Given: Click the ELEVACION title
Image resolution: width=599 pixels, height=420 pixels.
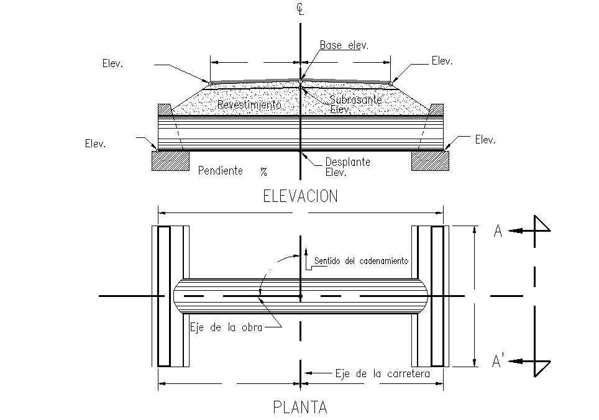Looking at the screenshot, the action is (300, 196).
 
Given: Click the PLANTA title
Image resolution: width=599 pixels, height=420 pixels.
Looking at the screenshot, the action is (300, 407).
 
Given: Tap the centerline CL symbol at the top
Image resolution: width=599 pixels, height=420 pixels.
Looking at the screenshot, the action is (300, 9).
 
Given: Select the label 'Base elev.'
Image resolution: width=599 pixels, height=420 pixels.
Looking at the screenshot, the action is (344, 45).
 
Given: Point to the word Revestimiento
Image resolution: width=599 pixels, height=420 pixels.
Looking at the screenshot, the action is (249, 104).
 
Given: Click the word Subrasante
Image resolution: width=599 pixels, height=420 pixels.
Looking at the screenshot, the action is (355, 100).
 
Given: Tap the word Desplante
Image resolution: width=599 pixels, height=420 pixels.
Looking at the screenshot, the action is (347, 162).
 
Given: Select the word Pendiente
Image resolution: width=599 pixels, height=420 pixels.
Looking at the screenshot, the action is (221, 170).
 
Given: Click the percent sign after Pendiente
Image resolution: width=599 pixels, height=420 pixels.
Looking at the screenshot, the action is (263, 172).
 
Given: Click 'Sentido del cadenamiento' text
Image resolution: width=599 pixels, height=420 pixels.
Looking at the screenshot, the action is (361, 261).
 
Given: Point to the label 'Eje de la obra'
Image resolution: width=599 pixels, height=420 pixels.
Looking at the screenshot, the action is (226, 327).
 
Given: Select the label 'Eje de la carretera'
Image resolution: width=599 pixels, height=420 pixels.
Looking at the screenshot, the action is (382, 373).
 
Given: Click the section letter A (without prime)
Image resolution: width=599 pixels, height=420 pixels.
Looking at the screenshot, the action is (498, 231).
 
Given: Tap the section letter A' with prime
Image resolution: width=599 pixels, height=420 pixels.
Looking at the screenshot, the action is (498, 361).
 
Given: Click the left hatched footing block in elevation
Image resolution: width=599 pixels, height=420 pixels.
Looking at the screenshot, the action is (170, 161).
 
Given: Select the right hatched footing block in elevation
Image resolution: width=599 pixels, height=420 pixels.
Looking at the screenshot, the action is (430, 161).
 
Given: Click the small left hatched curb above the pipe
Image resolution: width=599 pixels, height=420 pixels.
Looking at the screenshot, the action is (165, 109).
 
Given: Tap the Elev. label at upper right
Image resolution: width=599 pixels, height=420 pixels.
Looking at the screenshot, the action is (442, 61).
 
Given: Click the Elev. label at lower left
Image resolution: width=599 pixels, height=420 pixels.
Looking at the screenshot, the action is (96, 144).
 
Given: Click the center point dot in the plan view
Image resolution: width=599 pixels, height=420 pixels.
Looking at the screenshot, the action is (300, 296).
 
